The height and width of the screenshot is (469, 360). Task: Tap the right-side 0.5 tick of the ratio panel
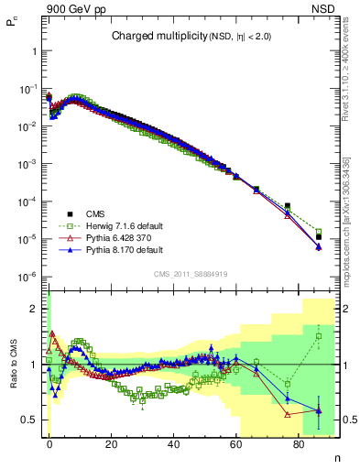tap(347, 420)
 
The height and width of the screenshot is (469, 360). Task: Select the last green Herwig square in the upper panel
tap(318, 231)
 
